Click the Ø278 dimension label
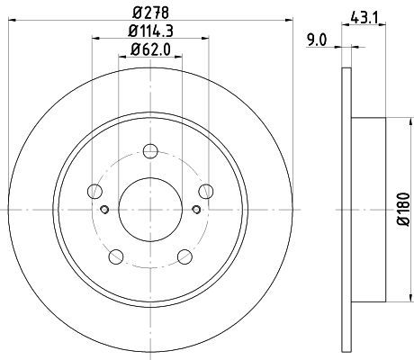(150, 13)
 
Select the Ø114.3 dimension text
(150, 31)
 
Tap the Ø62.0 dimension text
(150, 49)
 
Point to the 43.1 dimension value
(364, 19)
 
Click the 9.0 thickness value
(317, 40)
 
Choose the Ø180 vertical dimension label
(403, 210)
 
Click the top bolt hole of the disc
(150, 151)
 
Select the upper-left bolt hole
(94, 191)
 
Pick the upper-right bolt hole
(206, 191)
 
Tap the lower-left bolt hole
(116, 256)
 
